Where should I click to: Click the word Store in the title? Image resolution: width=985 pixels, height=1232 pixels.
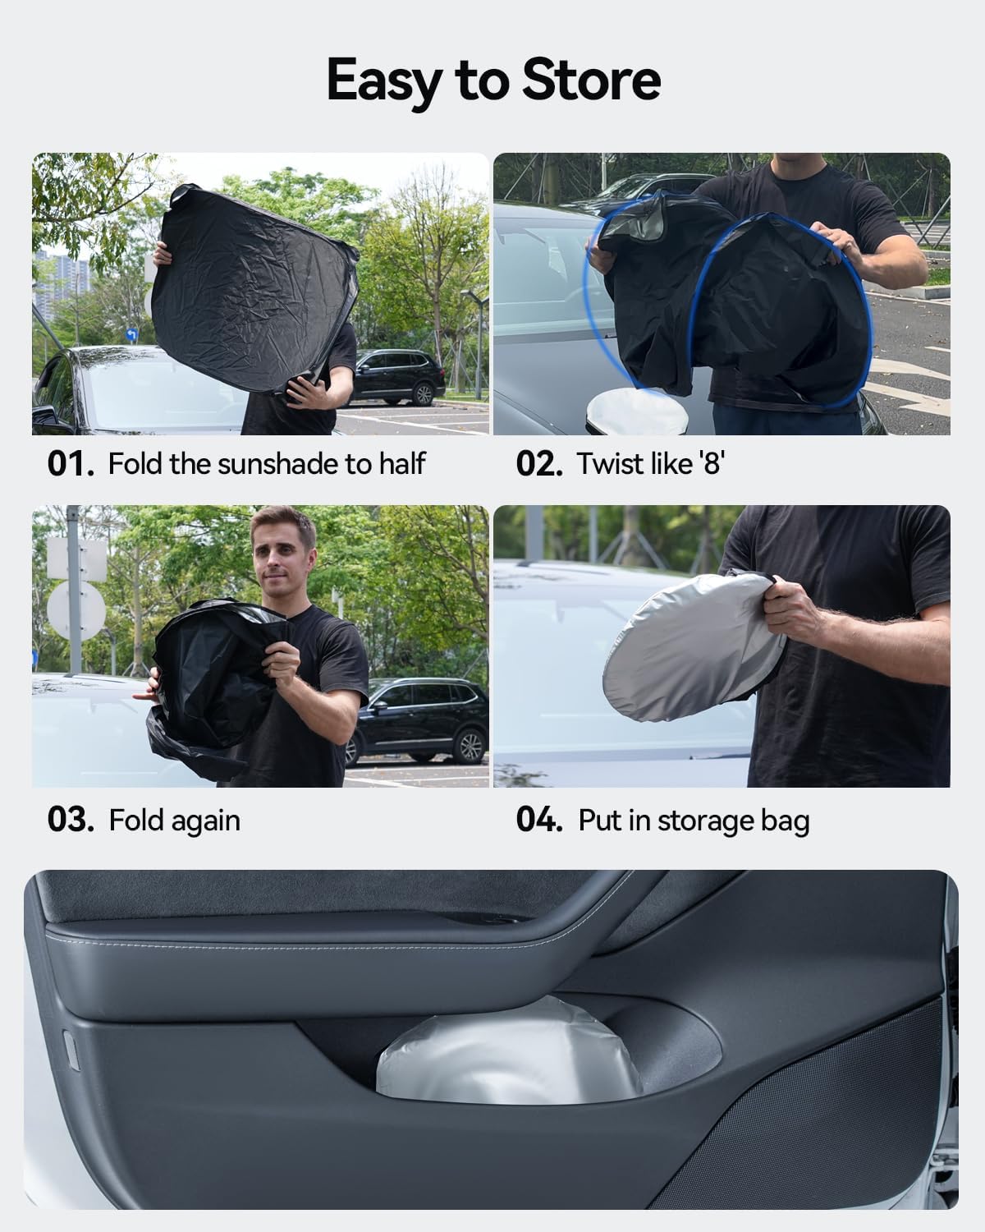pyautogui.click(x=592, y=80)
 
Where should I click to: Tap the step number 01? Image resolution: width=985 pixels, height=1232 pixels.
pyautogui.click(x=71, y=463)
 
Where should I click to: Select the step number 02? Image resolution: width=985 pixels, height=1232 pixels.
pyautogui.click(x=538, y=463)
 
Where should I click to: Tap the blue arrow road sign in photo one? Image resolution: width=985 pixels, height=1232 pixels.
pyautogui.click(x=132, y=334)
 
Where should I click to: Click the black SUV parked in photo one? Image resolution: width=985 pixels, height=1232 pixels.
pyautogui.click(x=398, y=376)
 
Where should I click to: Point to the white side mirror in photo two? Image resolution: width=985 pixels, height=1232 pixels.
pyautogui.click(x=636, y=411)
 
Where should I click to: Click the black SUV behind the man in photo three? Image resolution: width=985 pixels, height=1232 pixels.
pyautogui.click(x=418, y=721)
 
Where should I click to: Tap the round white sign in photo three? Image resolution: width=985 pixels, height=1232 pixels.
pyautogui.click(x=76, y=610)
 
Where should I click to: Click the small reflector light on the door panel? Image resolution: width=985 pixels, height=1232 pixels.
pyautogui.click(x=71, y=1051)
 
